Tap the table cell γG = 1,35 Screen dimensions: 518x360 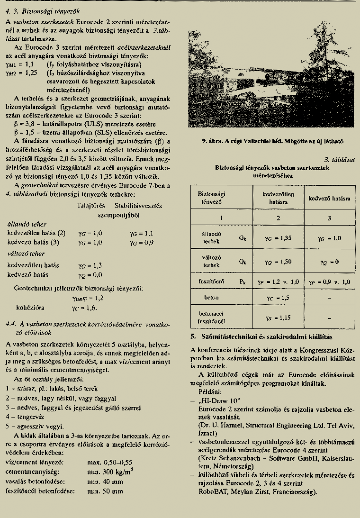click(278, 238)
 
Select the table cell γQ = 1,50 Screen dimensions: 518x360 click(278, 262)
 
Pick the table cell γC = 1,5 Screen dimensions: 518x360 click(278, 298)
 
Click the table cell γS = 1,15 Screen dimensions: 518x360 click(278, 318)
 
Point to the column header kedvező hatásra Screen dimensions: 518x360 click(329, 198)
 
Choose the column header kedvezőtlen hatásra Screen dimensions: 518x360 click(278, 198)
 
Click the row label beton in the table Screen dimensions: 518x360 click(211, 298)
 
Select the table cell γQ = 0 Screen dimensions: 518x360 click(329, 262)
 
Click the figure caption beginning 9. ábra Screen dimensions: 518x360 click(272, 141)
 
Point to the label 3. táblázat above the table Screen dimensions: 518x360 click(340, 160)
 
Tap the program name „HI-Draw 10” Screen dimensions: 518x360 click(213, 400)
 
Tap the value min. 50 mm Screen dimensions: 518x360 click(105, 491)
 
